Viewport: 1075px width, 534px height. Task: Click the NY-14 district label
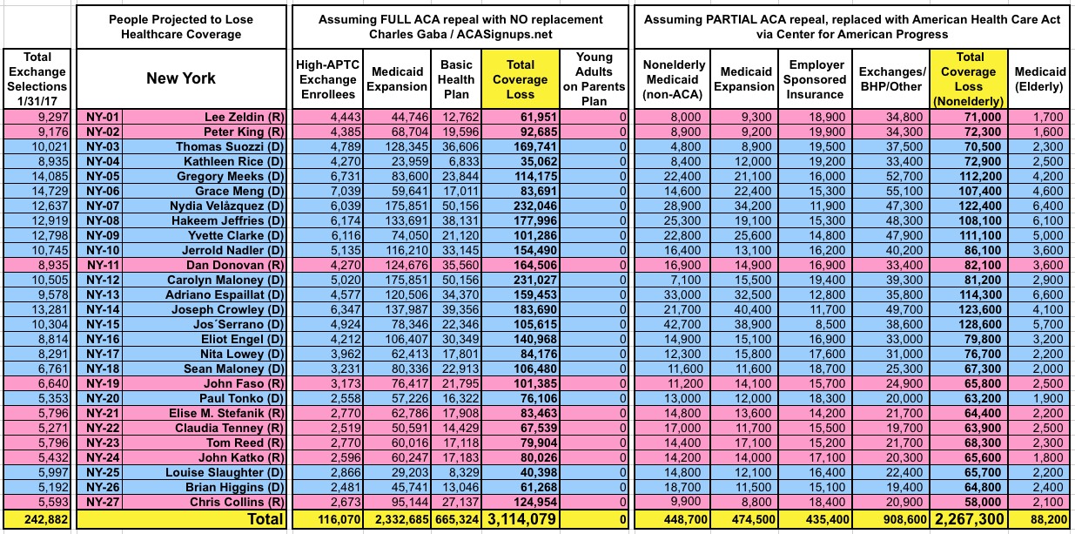point(102,309)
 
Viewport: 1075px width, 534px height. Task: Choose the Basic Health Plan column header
point(456,78)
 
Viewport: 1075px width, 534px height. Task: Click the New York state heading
point(182,78)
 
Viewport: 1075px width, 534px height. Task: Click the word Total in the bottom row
point(261,520)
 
